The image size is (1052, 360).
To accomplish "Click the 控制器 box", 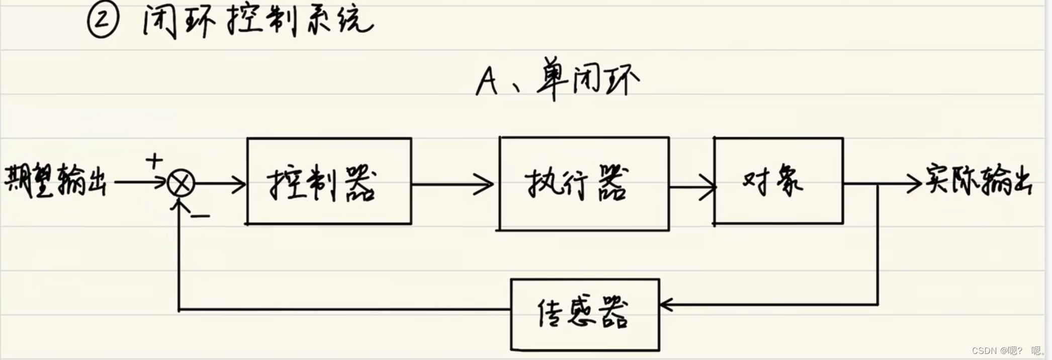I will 329,181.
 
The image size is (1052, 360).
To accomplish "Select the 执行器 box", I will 584,184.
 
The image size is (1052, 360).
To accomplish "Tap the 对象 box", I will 778,181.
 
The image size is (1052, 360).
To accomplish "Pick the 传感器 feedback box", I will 585,315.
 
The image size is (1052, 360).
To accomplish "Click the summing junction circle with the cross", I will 181,184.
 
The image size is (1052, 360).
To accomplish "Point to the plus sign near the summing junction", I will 154,161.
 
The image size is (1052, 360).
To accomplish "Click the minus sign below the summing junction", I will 200,216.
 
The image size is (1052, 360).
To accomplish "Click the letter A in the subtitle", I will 486,81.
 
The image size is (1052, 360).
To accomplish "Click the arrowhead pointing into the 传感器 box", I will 666,305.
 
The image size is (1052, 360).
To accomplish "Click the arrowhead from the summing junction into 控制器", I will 239,184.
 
